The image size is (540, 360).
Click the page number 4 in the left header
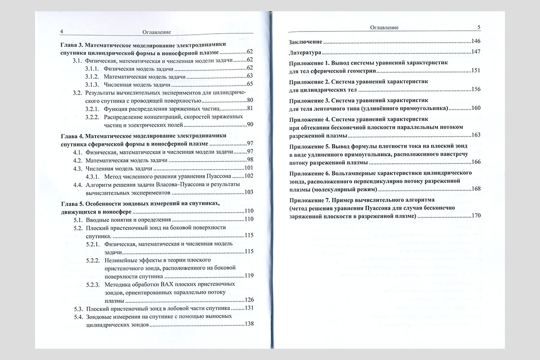point(61,32)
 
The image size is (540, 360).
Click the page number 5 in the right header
point(479,27)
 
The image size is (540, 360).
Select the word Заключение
point(305,41)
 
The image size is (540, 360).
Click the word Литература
point(304,52)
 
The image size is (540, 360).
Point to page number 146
point(476,41)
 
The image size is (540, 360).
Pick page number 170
point(476,216)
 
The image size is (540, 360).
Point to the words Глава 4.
point(72,135)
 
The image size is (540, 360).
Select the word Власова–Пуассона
point(172,184)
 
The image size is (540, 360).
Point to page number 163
point(476,135)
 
